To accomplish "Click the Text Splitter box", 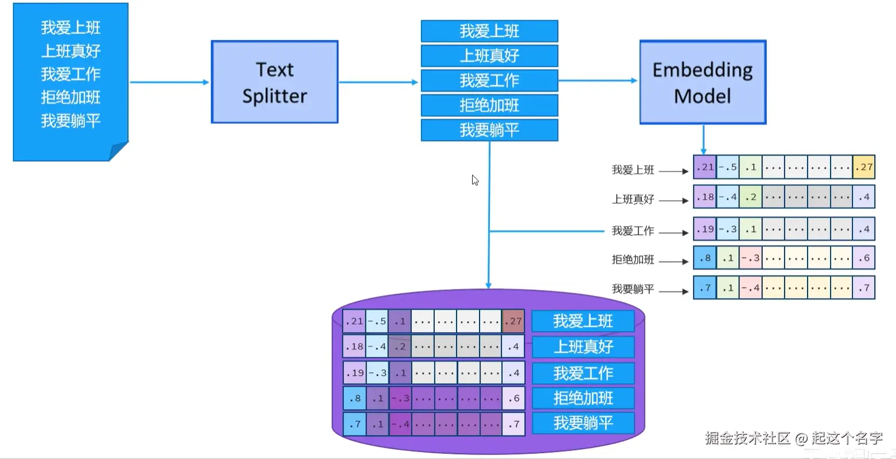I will tap(274, 82).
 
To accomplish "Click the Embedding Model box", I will tap(703, 82).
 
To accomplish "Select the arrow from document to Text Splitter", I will tap(169, 82).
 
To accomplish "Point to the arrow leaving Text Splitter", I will tap(379, 82).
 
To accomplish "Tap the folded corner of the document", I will tap(118, 151).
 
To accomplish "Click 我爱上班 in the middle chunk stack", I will tap(489, 31).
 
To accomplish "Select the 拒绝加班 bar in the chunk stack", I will tap(489, 106).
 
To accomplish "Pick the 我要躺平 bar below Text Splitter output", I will tap(489, 130).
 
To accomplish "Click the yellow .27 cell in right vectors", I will tap(863, 167).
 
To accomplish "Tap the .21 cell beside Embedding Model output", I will tap(704, 167).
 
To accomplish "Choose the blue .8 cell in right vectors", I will tap(704, 258).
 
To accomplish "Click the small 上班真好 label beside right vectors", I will tap(633, 200).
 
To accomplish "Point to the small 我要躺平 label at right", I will tap(633, 289).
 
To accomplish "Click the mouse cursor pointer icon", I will tap(475, 180).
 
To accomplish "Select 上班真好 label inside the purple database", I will tap(583, 347).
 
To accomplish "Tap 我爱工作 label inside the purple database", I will tap(583, 374).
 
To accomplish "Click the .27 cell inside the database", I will tap(513, 321).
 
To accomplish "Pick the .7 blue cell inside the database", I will tap(354, 425).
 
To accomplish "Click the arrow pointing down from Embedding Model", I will tap(703, 140).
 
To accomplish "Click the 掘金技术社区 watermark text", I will tap(747, 438).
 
